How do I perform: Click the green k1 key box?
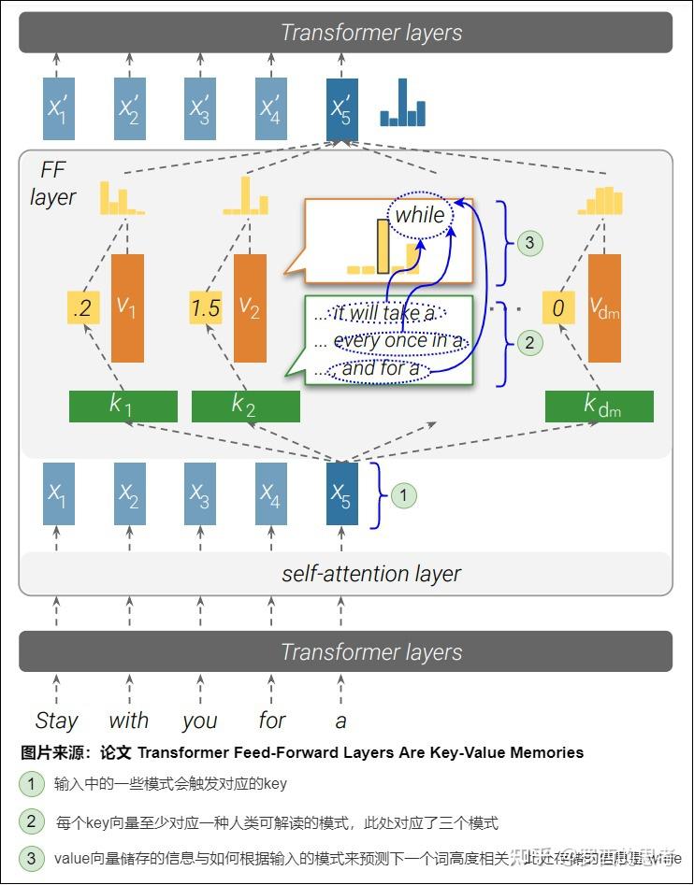(x=123, y=407)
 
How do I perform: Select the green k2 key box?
(x=245, y=407)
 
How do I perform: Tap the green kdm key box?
(x=599, y=407)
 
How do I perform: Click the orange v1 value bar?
(x=127, y=308)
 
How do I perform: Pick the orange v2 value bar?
(x=250, y=308)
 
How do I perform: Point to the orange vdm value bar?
(x=604, y=308)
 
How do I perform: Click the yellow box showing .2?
(x=83, y=308)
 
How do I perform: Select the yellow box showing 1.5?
(x=206, y=308)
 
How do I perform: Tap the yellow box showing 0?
(x=558, y=308)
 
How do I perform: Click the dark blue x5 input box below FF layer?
(x=341, y=493)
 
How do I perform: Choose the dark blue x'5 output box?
(x=341, y=108)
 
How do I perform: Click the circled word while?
(x=420, y=215)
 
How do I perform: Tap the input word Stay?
(x=57, y=721)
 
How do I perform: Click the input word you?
(x=199, y=721)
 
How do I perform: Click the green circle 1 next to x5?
(x=403, y=495)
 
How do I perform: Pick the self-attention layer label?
(x=371, y=574)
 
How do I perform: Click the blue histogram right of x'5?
(x=402, y=105)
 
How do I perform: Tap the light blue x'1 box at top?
(x=59, y=108)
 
